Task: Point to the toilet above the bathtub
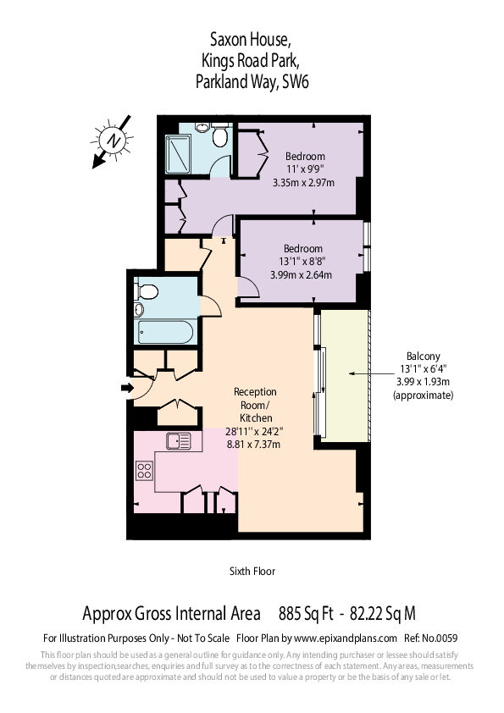tap(149, 293)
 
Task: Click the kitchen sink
tap(180, 440)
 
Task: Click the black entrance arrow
tap(128, 388)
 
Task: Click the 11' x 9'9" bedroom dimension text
tap(304, 169)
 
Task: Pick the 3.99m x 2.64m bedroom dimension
tap(302, 274)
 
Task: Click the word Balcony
tap(424, 356)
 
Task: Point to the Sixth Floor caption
tap(252, 571)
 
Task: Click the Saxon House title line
tap(252, 38)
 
